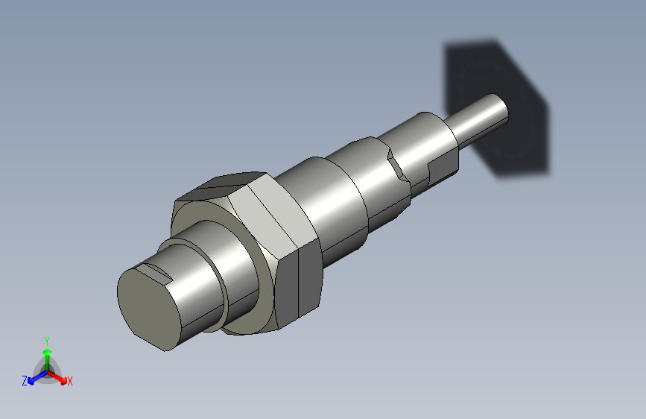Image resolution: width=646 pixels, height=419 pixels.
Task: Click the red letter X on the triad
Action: point(70,381)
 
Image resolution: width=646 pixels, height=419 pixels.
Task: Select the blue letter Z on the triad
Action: point(25,381)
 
